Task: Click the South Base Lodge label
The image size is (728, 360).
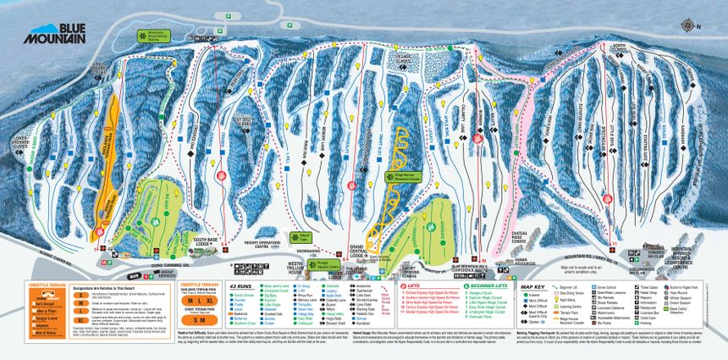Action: coord(206,240)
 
